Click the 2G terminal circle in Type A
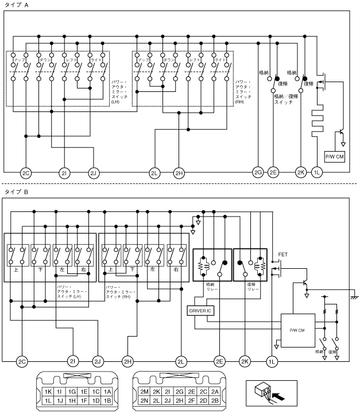(x=258, y=172)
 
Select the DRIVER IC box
(x=200, y=311)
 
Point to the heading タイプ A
(x=17, y=5)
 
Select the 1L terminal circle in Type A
(x=317, y=172)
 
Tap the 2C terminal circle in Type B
(x=22, y=361)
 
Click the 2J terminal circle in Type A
(x=94, y=172)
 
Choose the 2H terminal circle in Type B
(x=127, y=361)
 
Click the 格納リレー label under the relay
(x=212, y=287)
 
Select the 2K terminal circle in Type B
(x=245, y=361)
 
